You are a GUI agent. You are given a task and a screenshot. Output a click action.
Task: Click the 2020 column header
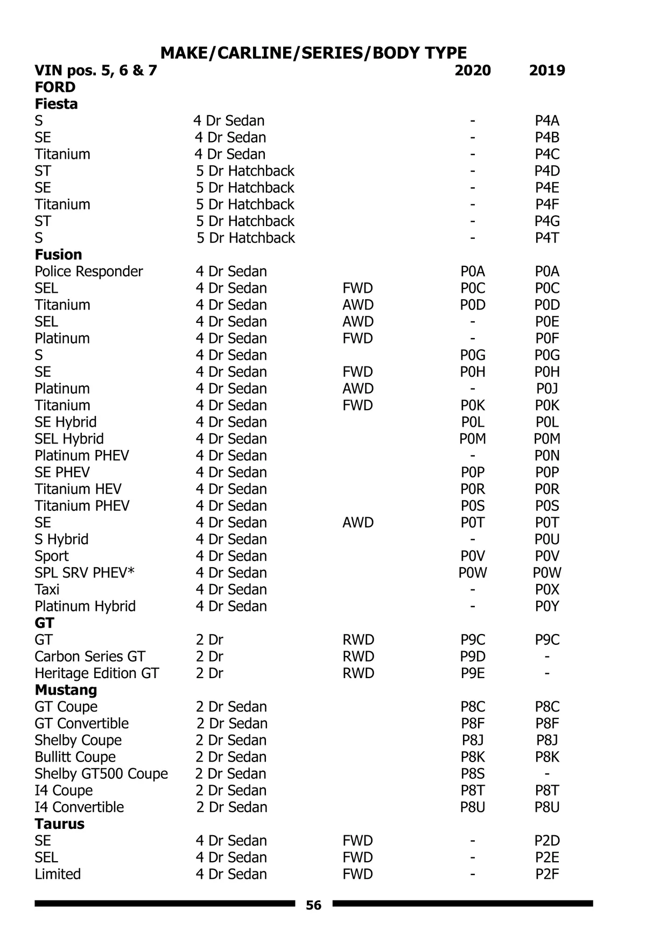point(473,71)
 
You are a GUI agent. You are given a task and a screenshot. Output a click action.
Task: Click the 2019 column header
point(547,71)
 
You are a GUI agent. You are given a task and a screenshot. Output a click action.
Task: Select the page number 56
point(313,905)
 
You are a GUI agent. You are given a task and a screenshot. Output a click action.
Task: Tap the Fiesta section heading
point(56,104)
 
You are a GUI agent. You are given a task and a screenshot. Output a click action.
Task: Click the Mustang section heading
point(66,690)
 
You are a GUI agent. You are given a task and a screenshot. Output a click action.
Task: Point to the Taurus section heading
point(59,824)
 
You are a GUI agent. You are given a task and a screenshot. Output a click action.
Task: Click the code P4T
point(547,238)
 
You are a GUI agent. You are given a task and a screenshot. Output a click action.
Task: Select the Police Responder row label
point(89,271)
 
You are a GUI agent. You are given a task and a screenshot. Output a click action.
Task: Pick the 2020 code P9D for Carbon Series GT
point(473,657)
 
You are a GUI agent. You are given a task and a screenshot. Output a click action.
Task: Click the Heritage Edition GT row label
point(97,673)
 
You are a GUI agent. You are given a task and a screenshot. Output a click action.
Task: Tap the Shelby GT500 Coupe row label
point(101,774)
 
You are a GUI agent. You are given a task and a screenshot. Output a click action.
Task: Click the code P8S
point(473,774)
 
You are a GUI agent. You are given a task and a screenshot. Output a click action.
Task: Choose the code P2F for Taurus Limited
point(547,874)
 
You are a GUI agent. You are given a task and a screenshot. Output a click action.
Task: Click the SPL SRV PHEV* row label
point(85,573)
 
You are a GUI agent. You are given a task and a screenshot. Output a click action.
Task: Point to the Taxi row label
point(47,589)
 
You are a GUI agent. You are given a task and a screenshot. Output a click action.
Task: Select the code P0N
point(547,456)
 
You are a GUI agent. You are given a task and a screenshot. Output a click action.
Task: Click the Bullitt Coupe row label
point(75,757)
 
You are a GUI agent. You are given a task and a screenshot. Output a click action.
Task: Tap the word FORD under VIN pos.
point(55,87)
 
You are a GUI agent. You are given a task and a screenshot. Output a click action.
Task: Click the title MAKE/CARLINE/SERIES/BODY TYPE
point(313,53)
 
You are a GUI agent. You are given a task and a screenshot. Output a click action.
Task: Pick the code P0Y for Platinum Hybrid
point(547,607)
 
